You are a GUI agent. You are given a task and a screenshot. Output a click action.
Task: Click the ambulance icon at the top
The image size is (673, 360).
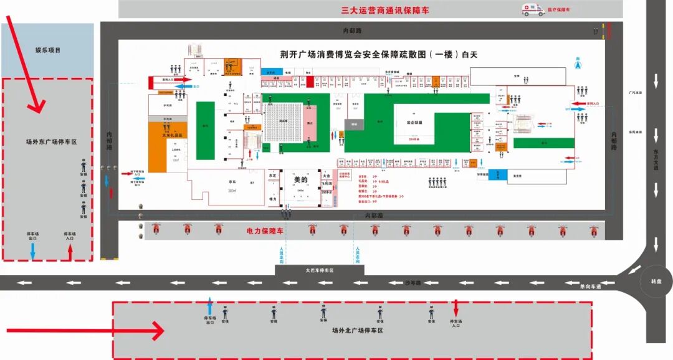533,9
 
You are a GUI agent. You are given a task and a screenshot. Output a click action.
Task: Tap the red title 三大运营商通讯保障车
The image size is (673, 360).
384,10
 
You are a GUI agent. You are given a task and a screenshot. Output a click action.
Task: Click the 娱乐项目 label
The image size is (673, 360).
48,50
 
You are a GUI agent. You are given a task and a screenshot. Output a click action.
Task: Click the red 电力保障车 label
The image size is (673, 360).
265,231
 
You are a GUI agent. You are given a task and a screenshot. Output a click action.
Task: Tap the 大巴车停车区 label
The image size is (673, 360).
320,270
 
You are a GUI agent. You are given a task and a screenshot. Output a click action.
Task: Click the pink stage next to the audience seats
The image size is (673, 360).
310,124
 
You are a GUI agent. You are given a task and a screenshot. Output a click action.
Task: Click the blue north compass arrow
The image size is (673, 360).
577,63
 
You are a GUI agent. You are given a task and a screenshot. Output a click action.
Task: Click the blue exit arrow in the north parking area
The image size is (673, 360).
209,306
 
